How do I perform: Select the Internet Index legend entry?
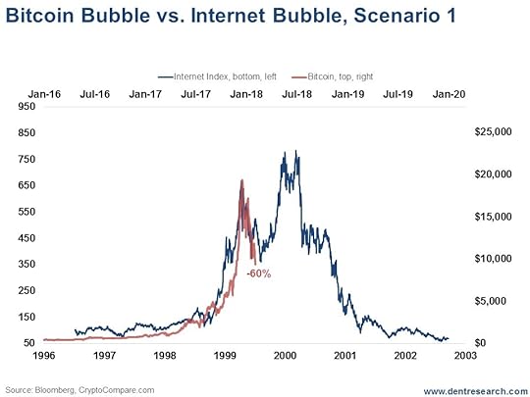click(217, 76)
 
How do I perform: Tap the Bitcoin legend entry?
click(333, 76)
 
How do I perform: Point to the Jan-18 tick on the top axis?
click(246, 94)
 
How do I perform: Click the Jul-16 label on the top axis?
click(94, 94)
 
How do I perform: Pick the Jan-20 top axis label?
click(449, 94)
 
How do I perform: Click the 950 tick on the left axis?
click(26, 106)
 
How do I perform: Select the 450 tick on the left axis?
click(26, 238)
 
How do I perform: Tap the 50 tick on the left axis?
click(29, 343)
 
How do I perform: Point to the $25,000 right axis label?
click(493, 131)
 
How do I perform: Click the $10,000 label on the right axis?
click(493, 259)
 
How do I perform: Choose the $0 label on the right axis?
click(481, 343)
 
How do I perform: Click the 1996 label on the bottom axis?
click(44, 356)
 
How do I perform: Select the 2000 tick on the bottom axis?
click(285, 356)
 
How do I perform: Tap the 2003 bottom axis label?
click(465, 356)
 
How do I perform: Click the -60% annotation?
click(259, 273)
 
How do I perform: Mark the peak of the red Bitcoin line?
click(241, 180)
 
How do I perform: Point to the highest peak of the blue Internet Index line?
click(296, 151)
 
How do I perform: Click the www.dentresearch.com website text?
click(476, 391)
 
